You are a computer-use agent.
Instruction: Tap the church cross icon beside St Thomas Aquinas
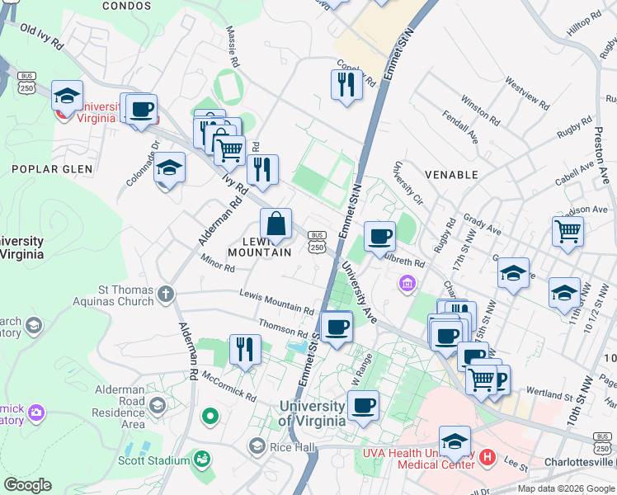pyautogui.click(x=166, y=294)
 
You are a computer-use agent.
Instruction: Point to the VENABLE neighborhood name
pyautogui.click(x=451, y=175)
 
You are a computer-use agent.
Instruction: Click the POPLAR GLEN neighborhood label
pyautogui.click(x=48, y=169)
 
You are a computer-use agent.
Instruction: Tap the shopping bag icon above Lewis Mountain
pyautogui.click(x=276, y=224)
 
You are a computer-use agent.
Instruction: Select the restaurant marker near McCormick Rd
pyautogui.click(x=244, y=349)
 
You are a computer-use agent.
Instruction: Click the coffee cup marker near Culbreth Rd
pyautogui.click(x=379, y=236)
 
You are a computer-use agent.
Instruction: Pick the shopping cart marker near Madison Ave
pyautogui.click(x=568, y=231)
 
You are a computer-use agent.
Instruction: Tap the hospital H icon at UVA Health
pyautogui.click(x=487, y=456)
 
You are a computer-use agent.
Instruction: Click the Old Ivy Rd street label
pyautogui.click(x=41, y=40)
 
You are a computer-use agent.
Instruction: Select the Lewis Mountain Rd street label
pyautogui.click(x=276, y=302)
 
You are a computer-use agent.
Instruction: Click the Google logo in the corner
pyautogui.click(x=27, y=485)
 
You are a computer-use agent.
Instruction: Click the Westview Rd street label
pyautogui.click(x=527, y=94)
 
